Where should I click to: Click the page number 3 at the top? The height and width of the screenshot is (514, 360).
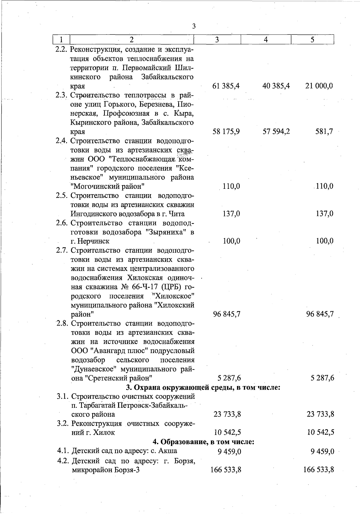[x=194, y=26]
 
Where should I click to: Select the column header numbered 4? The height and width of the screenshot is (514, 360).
[x=266, y=40]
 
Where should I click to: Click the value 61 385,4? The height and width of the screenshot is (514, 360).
[x=226, y=86]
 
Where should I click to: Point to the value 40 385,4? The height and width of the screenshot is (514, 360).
[x=276, y=86]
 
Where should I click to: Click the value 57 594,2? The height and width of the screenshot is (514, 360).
[x=276, y=132]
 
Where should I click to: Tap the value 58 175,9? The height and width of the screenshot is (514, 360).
[x=226, y=132]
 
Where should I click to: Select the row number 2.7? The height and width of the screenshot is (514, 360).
[x=62, y=250]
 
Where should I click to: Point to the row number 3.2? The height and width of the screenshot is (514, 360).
[x=63, y=423]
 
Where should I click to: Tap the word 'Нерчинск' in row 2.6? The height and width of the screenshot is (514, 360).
[x=94, y=241]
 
